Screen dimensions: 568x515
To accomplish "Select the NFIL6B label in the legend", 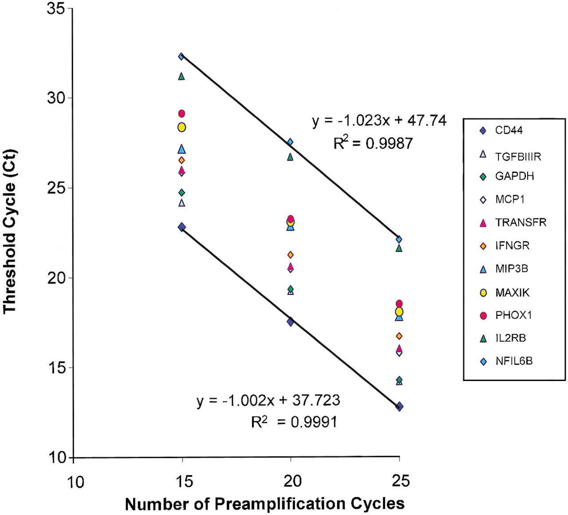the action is pos(514,361).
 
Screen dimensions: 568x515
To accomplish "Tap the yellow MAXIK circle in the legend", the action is pos(484,292).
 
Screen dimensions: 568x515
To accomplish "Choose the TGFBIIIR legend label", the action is pos(518,156).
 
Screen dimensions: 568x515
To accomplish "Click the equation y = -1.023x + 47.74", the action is pos(379,121).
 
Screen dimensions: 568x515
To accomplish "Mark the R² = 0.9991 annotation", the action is pos(294,422).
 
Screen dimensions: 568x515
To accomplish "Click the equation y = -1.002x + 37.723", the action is pos(268,401).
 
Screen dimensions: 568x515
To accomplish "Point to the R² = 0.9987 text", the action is pos(373,143).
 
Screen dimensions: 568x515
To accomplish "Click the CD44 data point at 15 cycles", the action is pos(182,227).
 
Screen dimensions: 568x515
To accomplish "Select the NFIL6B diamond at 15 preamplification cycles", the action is pos(181,56).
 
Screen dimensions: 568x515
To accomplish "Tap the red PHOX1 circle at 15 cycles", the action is pos(181,114).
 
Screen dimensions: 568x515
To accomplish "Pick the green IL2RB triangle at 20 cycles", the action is pos(290,157).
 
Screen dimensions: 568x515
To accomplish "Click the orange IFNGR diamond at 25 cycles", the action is pos(399,336).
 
